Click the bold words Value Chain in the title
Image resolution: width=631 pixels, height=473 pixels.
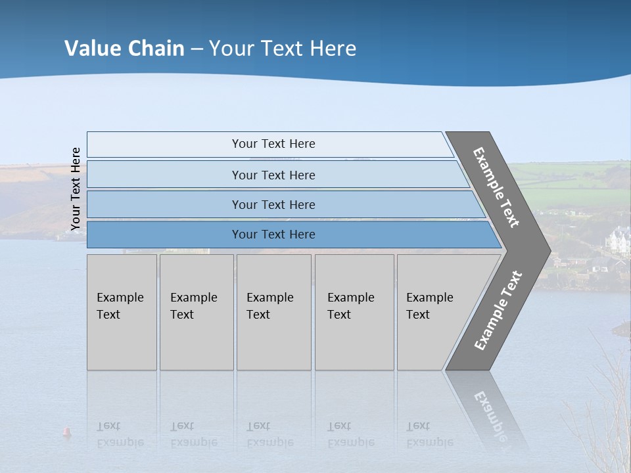pyautogui.click(x=124, y=49)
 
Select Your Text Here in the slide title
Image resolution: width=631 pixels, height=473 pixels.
pyautogui.click(x=283, y=49)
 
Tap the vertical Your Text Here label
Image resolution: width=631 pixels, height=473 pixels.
pyautogui.click(x=76, y=189)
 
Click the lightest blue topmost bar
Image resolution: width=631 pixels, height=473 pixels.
pyautogui.click(x=273, y=144)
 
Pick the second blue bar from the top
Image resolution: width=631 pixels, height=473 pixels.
pyautogui.click(x=273, y=175)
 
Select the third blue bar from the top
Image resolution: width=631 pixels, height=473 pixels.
pyautogui.click(x=273, y=204)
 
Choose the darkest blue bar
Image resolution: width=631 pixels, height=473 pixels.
pyautogui.click(x=273, y=235)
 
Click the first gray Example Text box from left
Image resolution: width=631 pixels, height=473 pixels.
pyautogui.click(x=122, y=312)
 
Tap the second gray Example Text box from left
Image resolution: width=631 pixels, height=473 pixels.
pyautogui.click(x=196, y=312)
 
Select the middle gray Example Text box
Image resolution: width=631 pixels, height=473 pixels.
pyautogui.click(x=273, y=312)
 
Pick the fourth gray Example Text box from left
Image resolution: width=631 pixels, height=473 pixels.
pyautogui.click(x=354, y=312)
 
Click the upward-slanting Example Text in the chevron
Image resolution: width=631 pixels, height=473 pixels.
pyautogui.click(x=498, y=311)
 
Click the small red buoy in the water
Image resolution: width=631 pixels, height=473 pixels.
pyautogui.click(x=66, y=432)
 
